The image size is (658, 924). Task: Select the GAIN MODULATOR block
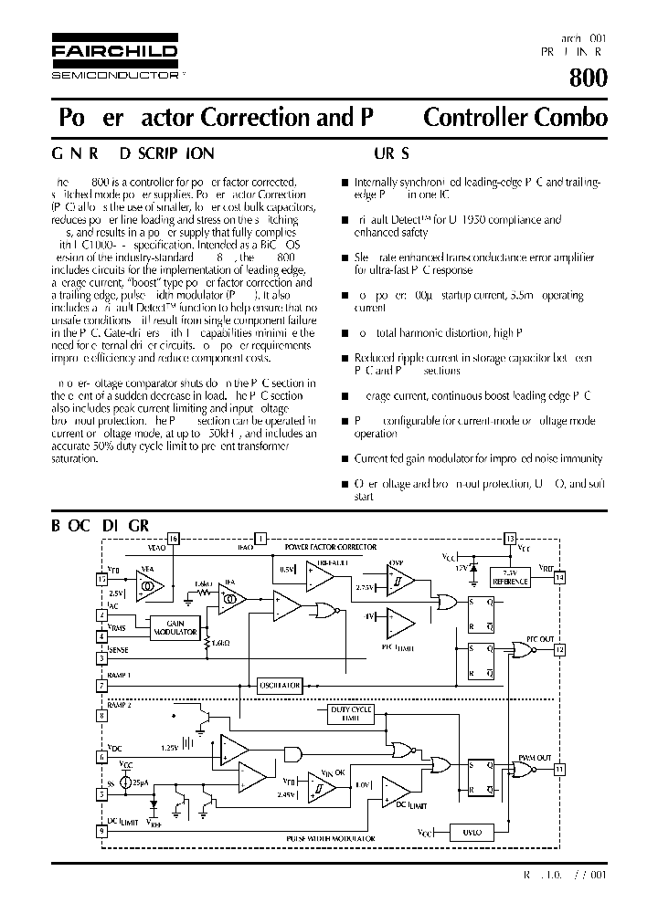[176, 626]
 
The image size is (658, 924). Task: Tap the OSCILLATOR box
[279, 684]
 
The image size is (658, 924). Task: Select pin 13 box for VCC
[510, 538]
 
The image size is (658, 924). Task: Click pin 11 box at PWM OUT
[559, 770]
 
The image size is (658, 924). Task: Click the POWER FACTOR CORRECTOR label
[331, 547]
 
